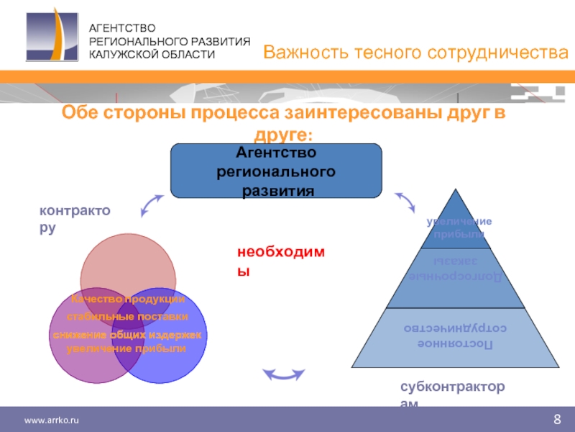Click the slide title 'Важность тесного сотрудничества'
click(x=415, y=52)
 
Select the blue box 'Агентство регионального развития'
click(x=276, y=171)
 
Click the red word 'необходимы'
click(x=282, y=261)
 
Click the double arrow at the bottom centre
click(x=283, y=374)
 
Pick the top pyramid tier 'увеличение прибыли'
click(x=459, y=227)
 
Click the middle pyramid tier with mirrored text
click(x=459, y=270)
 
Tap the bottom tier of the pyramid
click(x=459, y=336)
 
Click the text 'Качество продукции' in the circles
click(x=127, y=299)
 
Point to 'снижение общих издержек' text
click(x=127, y=336)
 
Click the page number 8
click(x=557, y=420)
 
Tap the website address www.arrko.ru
click(x=51, y=420)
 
